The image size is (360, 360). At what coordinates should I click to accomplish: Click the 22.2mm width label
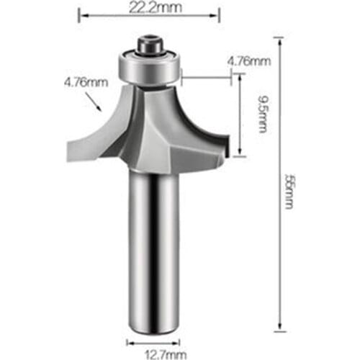[x=154, y=8]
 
